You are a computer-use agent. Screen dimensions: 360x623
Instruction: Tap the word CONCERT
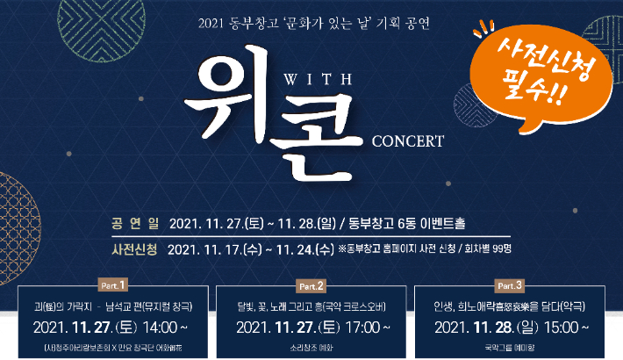[x=408, y=140]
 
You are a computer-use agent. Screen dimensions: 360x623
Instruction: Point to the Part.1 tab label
[x=111, y=285]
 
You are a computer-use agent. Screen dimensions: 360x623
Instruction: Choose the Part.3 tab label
[x=510, y=285]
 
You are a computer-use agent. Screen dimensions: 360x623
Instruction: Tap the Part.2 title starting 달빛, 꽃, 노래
[x=311, y=306]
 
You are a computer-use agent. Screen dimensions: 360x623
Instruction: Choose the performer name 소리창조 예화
[x=311, y=348]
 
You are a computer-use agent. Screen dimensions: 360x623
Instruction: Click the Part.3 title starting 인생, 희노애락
[x=509, y=306]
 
